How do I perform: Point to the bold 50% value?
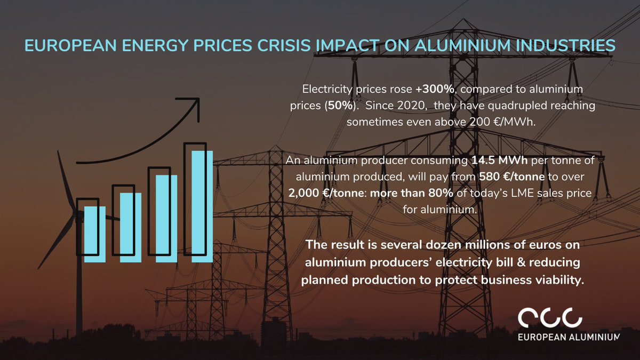coord(339,106)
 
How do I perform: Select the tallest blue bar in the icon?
coord(202,206)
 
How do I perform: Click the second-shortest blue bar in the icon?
coord(131,227)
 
